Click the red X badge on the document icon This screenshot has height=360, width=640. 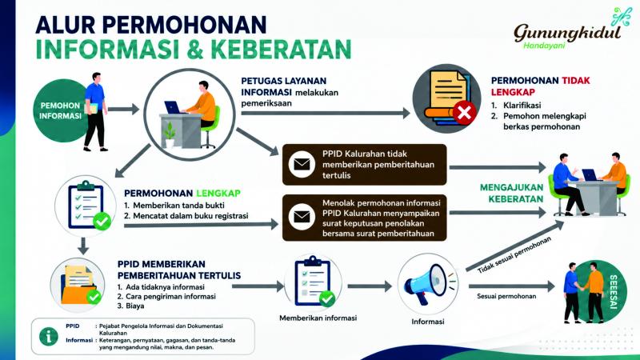point(464,112)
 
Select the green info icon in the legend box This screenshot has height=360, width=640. point(49,337)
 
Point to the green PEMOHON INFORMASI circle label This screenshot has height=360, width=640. point(60,110)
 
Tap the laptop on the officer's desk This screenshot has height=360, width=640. point(174,107)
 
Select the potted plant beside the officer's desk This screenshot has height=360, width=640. point(170,134)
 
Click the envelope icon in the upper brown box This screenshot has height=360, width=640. point(302,164)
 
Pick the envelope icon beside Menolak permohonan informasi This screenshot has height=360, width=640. point(302,217)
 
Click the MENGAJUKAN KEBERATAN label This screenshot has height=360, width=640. point(511,193)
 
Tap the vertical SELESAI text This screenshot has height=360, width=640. point(613,291)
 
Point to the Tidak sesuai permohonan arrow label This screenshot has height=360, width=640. point(514,254)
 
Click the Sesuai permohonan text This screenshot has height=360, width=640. point(506,296)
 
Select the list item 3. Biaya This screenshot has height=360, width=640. point(130,306)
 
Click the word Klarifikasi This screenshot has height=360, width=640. point(522,106)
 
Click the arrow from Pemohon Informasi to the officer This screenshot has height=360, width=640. point(124,109)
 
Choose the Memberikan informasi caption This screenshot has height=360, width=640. point(318,318)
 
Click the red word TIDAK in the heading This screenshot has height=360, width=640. point(576,81)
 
